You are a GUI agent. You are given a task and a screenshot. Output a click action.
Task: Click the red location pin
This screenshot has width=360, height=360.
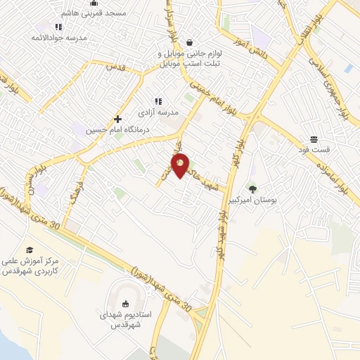(x=181, y=166)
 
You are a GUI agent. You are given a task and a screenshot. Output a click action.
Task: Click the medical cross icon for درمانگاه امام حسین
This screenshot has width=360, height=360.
(x=117, y=119)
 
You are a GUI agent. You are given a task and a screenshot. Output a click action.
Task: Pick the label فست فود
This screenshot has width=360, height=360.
(x=326, y=150)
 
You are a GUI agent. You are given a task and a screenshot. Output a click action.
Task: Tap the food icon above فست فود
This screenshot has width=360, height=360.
(x=313, y=139)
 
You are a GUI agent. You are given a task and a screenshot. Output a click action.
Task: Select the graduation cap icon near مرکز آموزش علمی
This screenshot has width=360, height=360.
(x=30, y=250)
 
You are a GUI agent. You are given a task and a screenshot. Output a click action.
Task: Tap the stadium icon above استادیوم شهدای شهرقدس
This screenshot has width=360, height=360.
(x=126, y=304)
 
